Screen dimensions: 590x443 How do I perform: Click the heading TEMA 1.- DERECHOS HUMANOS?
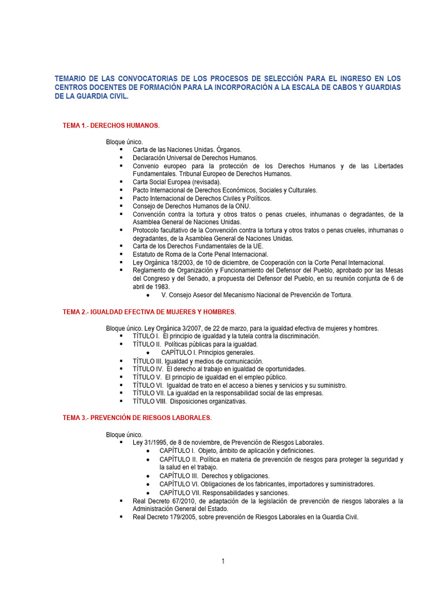[x=111, y=125]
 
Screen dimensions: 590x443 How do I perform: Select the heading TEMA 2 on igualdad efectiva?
[x=149, y=312]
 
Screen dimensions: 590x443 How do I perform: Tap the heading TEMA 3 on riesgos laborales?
[x=137, y=417]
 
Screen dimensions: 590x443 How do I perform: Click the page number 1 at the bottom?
[x=223, y=561]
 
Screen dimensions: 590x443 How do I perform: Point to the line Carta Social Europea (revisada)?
[x=177, y=181]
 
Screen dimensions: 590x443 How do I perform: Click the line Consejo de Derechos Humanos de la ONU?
[x=192, y=206]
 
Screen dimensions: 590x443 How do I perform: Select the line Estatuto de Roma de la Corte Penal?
[x=200, y=254]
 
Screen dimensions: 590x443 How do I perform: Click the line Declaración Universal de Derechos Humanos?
[x=194, y=157]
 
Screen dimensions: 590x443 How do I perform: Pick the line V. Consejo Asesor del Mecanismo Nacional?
[x=256, y=294]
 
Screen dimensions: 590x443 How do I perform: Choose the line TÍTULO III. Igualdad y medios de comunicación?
[x=197, y=361]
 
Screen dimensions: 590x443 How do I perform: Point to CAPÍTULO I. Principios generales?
[x=208, y=352]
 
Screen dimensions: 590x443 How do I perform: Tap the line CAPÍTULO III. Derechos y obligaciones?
[x=214, y=476]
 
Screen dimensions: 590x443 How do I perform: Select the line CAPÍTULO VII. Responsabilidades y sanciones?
[x=224, y=493]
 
